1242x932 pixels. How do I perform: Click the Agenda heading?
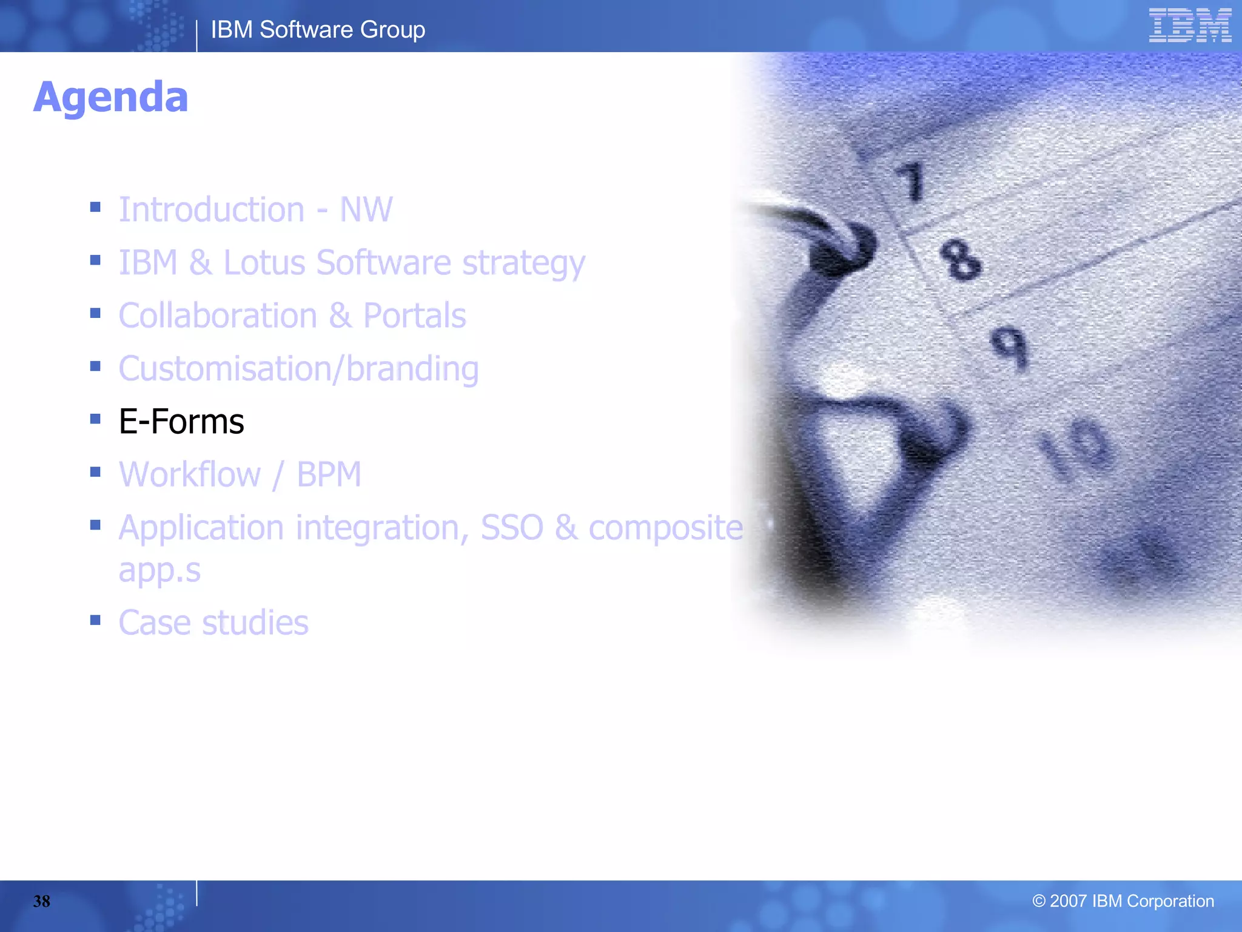pyautogui.click(x=110, y=97)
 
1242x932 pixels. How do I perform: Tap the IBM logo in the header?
pyautogui.click(x=1189, y=25)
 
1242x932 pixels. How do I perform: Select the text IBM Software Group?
pyautogui.click(x=318, y=30)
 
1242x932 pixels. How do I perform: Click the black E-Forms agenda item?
pyautogui.click(x=181, y=421)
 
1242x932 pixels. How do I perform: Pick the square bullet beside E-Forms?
pyautogui.click(x=95, y=419)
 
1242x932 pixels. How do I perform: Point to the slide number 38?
pyautogui.click(x=41, y=901)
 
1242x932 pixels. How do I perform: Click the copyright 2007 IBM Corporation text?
pyautogui.click(x=1123, y=901)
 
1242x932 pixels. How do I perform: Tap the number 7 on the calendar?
pyautogui.click(x=911, y=181)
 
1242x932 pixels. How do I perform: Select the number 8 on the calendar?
pyautogui.click(x=959, y=260)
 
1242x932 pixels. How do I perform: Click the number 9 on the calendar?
pyautogui.click(x=1010, y=346)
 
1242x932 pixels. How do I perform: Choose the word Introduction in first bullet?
pyautogui.click(x=212, y=209)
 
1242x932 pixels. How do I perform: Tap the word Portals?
pyautogui.click(x=414, y=316)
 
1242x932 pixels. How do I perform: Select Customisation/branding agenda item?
pyautogui.click(x=298, y=369)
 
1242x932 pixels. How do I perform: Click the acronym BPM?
pyautogui.click(x=329, y=474)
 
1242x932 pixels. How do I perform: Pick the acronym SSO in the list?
pyautogui.click(x=512, y=527)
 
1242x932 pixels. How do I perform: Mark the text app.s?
pyautogui.click(x=159, y=570)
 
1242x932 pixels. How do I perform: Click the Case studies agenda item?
pyautogui.click(x=213, y=623)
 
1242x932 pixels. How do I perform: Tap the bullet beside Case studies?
pyautogui.click(x=95, y=620)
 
